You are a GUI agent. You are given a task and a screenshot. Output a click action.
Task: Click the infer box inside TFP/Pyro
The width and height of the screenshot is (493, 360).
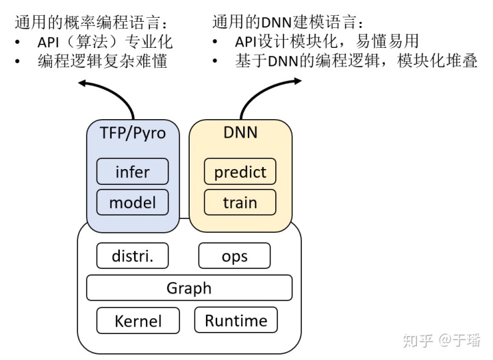132,171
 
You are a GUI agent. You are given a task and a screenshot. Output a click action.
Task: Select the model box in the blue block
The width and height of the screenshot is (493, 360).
132,203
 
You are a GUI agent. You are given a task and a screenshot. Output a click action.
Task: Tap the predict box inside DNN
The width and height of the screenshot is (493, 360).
240,171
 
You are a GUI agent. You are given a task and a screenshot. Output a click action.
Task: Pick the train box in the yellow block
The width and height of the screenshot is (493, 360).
240,203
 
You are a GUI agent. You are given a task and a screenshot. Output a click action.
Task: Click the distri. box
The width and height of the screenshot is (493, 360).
132,256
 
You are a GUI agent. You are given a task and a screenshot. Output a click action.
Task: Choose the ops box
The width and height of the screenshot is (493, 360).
234,256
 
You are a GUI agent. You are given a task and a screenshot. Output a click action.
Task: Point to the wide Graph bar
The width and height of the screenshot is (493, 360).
189,287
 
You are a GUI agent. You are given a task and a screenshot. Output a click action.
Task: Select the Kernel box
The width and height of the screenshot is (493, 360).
138,320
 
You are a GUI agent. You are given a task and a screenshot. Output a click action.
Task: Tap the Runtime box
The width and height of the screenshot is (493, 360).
236,320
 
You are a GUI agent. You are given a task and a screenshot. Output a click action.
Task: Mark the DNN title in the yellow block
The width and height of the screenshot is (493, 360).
240,133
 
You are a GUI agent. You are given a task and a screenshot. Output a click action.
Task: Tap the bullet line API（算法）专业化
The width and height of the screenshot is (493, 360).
104,42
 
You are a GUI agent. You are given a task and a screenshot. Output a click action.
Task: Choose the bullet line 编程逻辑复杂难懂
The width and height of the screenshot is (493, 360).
103,61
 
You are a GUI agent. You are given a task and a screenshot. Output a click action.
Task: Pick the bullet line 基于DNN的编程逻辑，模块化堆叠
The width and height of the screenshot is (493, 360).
355,61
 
